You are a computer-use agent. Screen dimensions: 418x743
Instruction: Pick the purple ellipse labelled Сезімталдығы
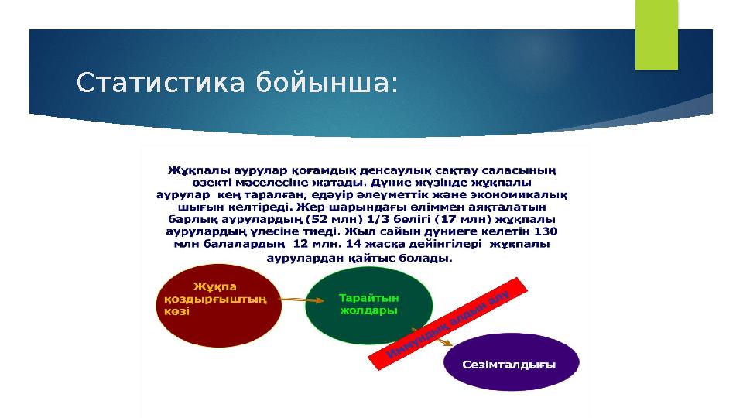511,363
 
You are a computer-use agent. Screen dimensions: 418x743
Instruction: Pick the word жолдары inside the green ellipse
369,310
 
